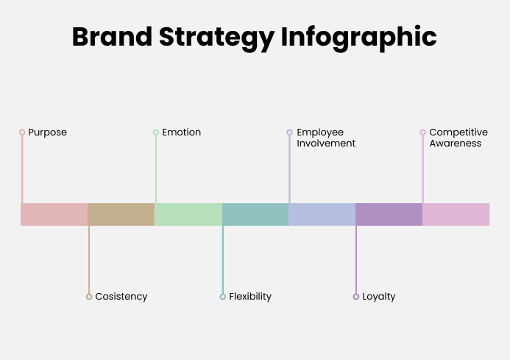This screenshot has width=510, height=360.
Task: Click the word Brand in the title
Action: pyautogui.click(x=113, y=37)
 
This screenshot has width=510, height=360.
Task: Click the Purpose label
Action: pyautogui.click(x=47, y=133)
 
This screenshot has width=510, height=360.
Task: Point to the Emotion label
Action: pyautogui.click(x=181, y=133)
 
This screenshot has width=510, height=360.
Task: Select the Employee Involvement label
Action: pyautogui.click(x=326, y=138)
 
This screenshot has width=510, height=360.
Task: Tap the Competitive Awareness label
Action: pyautogui.click(x=458, y=138)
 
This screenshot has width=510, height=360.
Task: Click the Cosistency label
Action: pyautogui.click(x=121, y=297)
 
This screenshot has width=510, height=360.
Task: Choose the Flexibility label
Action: pyautogui.click(x=250, y=297)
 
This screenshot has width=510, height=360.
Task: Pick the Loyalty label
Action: pyautogui.click(x=379, y=297)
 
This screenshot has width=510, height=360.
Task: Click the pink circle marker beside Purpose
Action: pyautogui.click(x=22, y=133)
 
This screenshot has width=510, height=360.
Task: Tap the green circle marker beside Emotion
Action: pyautogui.click(x=155, y=133)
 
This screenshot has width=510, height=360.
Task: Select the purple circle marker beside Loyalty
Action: pyautogui.click(x=356, y=297)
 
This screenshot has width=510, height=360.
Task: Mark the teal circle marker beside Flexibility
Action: pyautogui.click(x=222, y=297)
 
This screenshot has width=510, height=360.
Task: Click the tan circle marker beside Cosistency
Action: pyautogui.click(x=89, y=297)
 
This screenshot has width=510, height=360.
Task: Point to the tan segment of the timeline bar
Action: pyautogui.click(x=121, y=214)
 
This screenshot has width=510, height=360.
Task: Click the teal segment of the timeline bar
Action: pyautogui.click(x=255, y=214)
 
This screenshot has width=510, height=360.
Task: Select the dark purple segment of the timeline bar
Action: pyautogui.click(x=389, y=214)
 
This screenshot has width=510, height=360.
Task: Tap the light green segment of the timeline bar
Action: pyautogui.click(x=188, y=214)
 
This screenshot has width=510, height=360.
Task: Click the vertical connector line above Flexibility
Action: pyautogui.click(x=222, y=258)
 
